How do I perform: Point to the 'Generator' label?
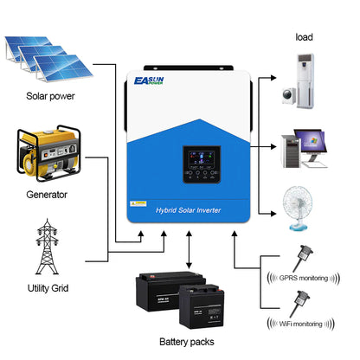(40, 196)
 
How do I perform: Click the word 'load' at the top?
(305, 38)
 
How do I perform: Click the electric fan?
(300, 204)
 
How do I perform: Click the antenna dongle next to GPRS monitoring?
(304, 254)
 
